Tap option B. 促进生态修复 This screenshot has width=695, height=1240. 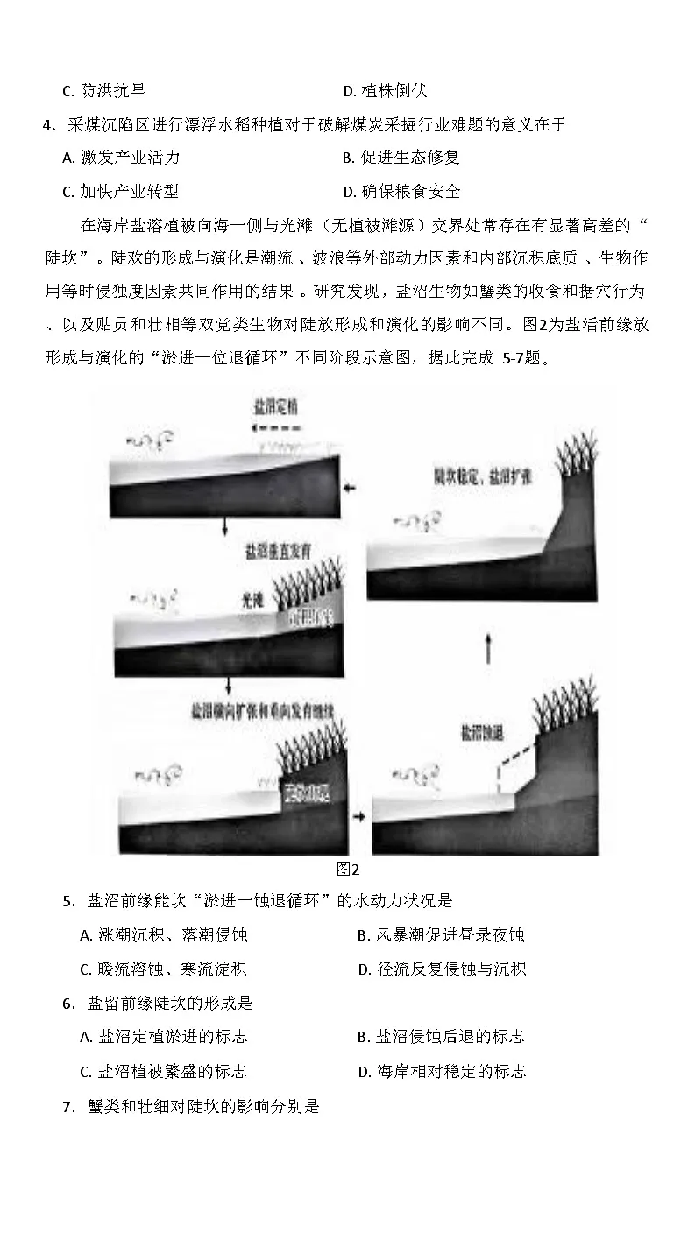click(401, 158)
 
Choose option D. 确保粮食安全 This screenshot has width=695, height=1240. click(401, 192)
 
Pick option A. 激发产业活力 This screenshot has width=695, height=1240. click(121, 158)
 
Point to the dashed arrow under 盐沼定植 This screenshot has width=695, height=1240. click(276, 429)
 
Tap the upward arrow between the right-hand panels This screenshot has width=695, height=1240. click(488, 648)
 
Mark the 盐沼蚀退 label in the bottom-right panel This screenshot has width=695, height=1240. click(480, 732)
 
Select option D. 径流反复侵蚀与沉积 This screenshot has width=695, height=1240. click(442, 969)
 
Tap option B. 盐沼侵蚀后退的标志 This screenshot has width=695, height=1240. click(441, 1037)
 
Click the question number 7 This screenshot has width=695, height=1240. click(67, 1107)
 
